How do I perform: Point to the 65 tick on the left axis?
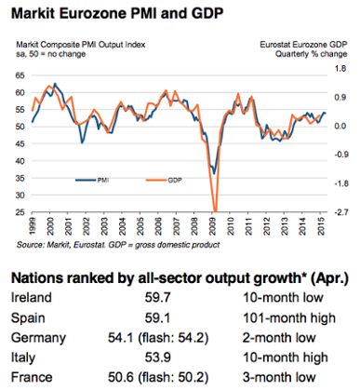click(x=21, y=68)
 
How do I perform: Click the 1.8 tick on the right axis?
click(x=340, y=68)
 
